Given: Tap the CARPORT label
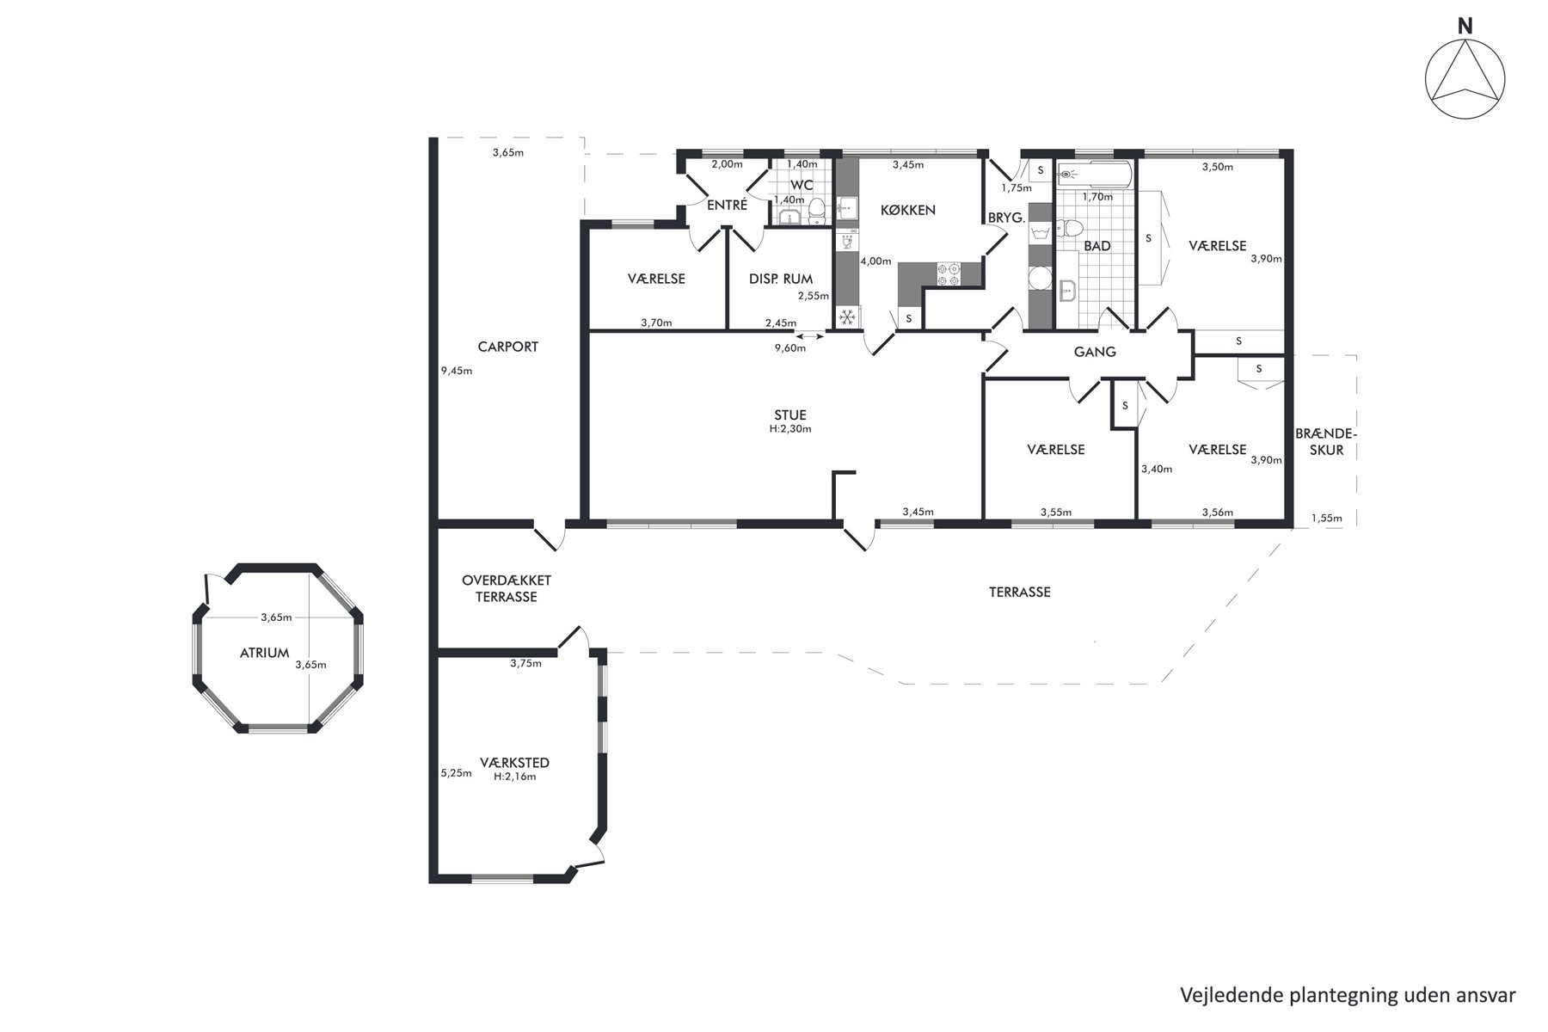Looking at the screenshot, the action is coord(508,347).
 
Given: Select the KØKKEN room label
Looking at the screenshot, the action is coord(908,210).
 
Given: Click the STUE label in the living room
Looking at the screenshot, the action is coord(790,415).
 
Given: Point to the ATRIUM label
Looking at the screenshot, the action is coord(265,653).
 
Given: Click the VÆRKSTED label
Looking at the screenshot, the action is coord(515,763).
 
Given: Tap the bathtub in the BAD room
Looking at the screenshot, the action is coord(1092,174).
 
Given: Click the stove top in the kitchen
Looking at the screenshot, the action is coord(949,273).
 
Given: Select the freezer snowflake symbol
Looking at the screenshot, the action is coord(847,317).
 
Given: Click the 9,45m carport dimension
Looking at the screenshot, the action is coord(457,372).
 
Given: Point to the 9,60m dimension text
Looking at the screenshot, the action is coord(790,348).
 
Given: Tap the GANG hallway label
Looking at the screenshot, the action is coord(1095,352).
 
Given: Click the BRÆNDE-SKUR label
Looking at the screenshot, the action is coord(1325,441).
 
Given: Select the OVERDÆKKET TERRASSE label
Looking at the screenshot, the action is coord(506,588).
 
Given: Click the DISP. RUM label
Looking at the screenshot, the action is coord(781,279).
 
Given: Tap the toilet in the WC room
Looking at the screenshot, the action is coord(817,210).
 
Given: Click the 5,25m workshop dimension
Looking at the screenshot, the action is coord(457,773).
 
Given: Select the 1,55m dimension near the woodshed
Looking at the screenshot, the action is coord(1327,519).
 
